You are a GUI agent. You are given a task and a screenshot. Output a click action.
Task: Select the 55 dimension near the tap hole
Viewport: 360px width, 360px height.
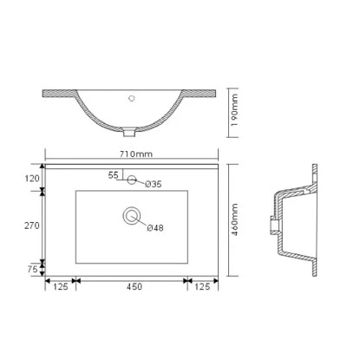click(113, 174)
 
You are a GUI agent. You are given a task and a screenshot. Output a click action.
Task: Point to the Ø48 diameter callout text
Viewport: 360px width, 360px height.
click(154, 227)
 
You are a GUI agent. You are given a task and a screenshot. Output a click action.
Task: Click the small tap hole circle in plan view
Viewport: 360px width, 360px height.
click(132, 180)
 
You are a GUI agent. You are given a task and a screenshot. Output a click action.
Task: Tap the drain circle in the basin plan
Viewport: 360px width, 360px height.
click(132, 213)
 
